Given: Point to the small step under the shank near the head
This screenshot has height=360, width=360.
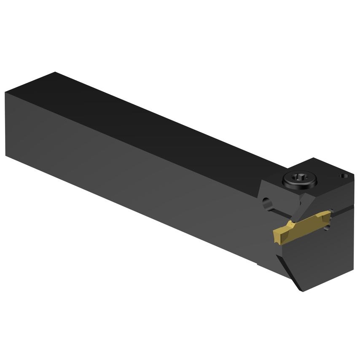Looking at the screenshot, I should pyautogui.click(x=258, y=263).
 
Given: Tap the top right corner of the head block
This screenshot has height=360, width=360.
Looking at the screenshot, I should pyautogui.click(x=353, y=174).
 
